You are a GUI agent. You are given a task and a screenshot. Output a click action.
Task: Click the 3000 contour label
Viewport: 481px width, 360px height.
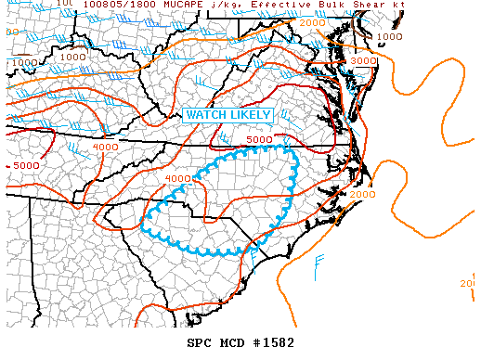(364, 60)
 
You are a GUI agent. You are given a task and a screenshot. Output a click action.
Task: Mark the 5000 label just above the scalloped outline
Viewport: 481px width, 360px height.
(259, 140)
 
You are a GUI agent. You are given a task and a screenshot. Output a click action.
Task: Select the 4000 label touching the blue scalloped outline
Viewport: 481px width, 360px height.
(178, 179)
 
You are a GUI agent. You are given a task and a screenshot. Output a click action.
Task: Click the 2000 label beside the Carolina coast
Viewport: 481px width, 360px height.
(363, 194)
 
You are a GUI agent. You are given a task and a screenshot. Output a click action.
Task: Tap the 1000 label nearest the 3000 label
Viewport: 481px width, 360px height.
(389, 37)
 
